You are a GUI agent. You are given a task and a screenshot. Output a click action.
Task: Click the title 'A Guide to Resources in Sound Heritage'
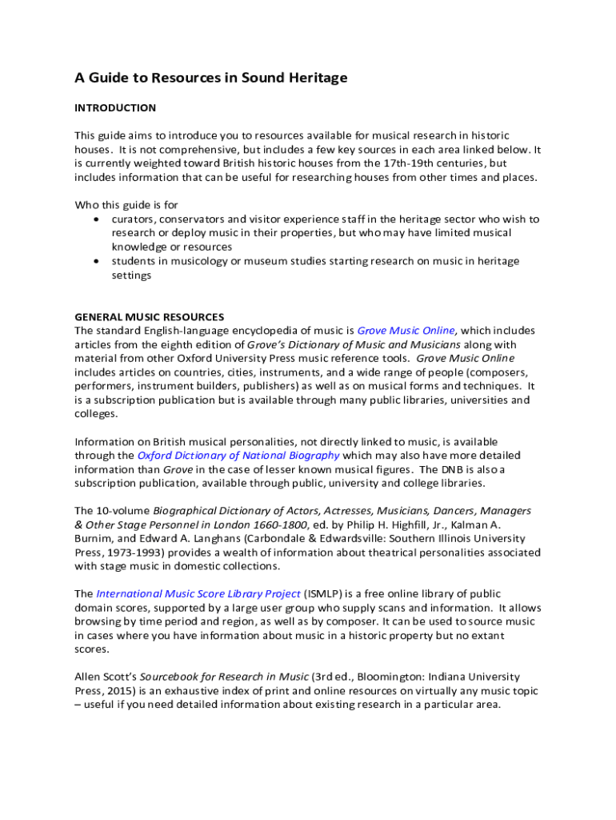click(x=211, y=78)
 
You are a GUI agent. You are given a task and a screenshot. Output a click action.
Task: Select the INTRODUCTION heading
click(x=115, y=107)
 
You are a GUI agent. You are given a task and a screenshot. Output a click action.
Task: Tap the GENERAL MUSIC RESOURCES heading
click(x=150, y=316)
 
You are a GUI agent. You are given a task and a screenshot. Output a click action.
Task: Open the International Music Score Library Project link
click(x=198, y=594)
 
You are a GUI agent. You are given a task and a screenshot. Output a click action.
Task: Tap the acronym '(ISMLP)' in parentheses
click(x=325, y=594)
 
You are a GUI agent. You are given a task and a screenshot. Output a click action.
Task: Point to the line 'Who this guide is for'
click(x=126, y=204)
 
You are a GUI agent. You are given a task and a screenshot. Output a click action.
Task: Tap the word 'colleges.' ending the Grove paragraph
click(x=96, y=414)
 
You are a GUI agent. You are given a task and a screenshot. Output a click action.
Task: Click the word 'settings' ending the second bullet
click(x=131, y=275)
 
